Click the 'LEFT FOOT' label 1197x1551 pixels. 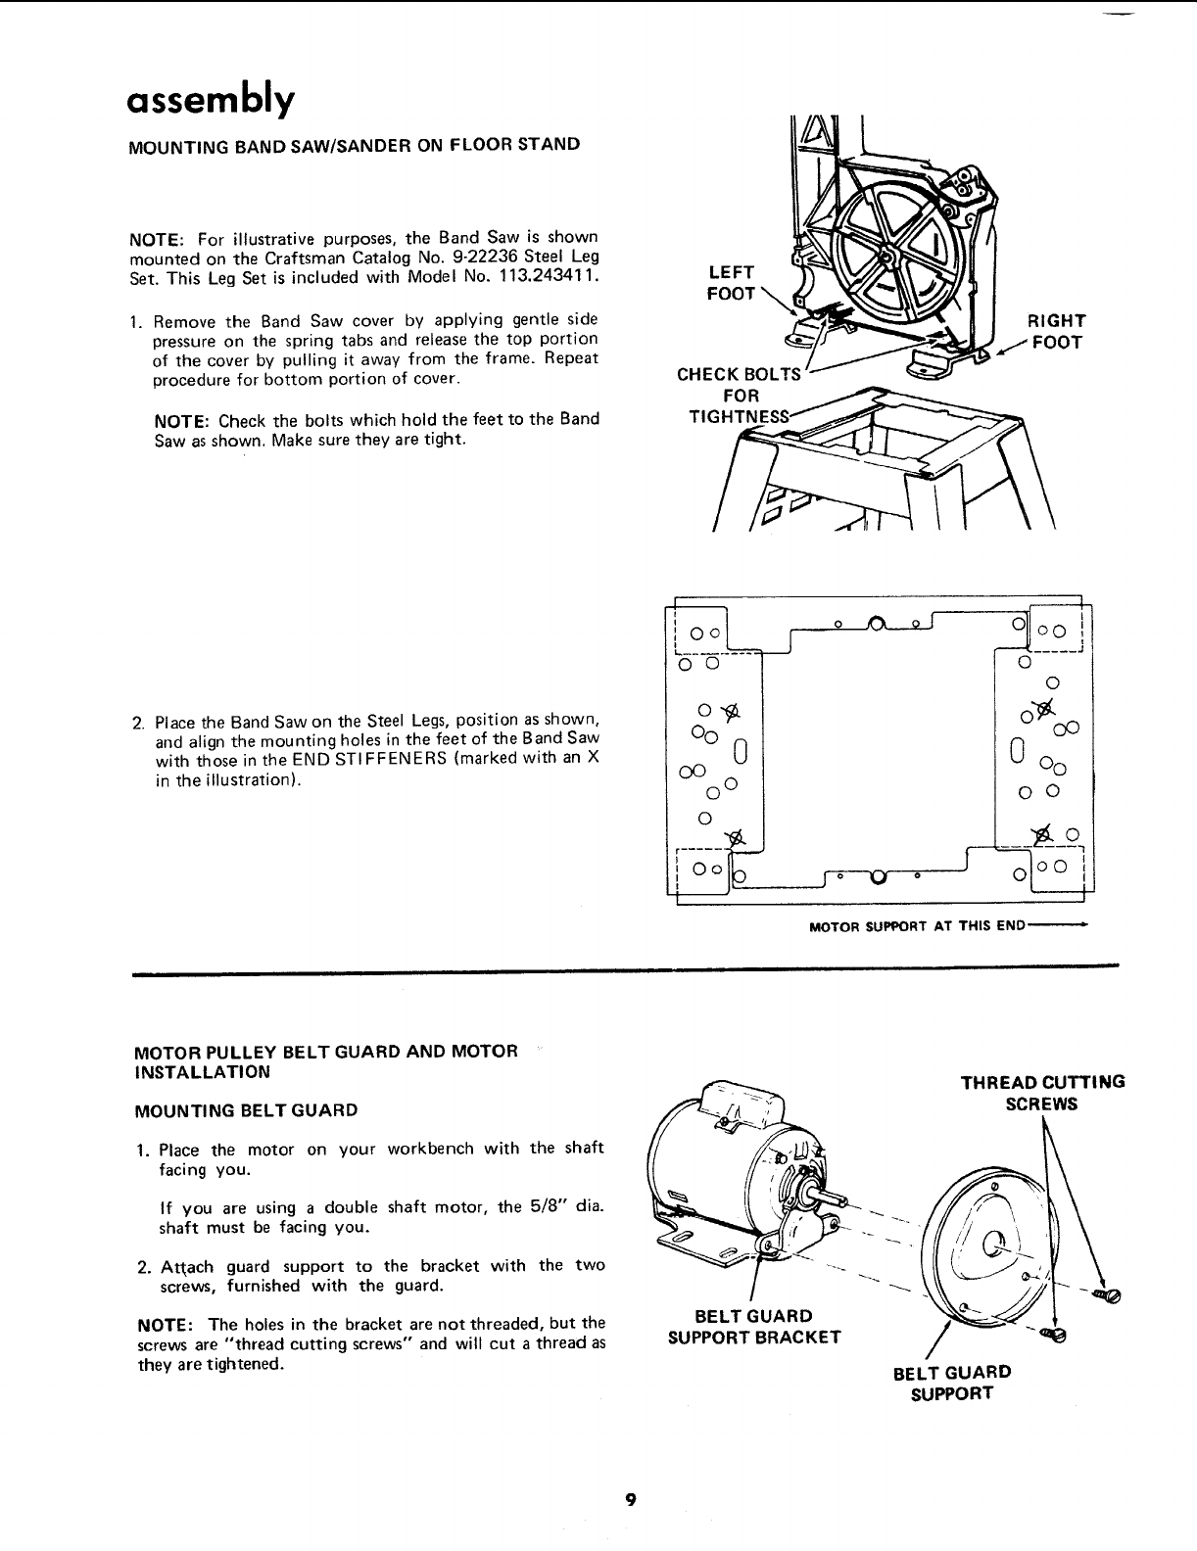click(x=731, y=282)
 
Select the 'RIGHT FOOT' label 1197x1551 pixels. click(x=1055, y=331)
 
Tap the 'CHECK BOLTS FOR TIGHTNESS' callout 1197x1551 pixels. click(x=739, y=395)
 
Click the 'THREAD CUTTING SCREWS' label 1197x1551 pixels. click(x=1042, y=1093)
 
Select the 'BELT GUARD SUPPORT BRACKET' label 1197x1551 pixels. click(x=753, y=1326)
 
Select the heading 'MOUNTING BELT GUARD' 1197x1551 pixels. click(x=245, y=1110)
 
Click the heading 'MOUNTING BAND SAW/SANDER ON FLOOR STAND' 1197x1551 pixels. click(x=355, y=145)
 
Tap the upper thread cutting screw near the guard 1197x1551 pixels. click(x=1111, y=1294)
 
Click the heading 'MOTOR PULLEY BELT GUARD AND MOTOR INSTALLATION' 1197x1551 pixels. click(x=325, y=1060)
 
